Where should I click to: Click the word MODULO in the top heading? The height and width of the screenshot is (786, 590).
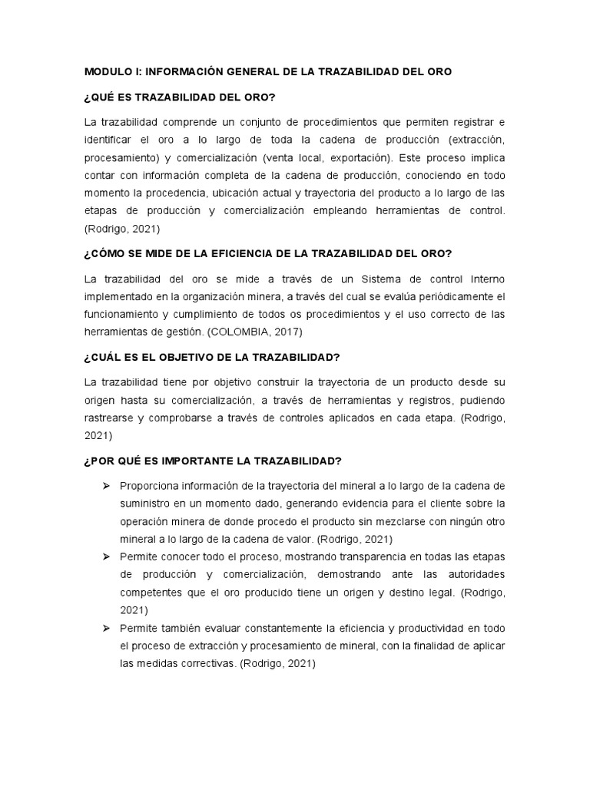[x=108, y=71]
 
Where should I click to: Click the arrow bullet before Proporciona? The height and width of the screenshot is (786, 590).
[x=107, y=487]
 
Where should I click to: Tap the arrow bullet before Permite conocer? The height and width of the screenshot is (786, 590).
[x=107, y=554]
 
